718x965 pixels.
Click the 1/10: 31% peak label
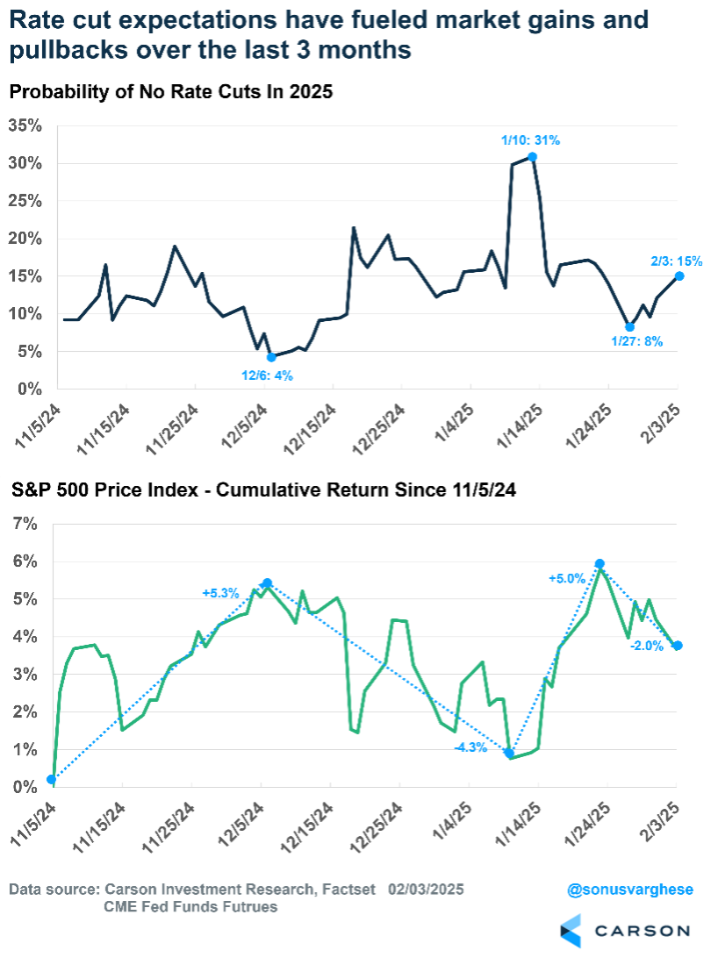coord(530,140)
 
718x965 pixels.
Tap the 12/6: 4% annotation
coord(268,375)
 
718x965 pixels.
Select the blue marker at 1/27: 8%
coord(629,326)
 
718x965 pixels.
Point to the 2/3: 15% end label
coord(677,261)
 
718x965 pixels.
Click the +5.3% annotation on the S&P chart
coord(220,593)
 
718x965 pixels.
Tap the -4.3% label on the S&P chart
coord(470,748)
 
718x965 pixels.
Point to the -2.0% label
coord(646,646)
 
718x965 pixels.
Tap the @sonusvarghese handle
coord(630,890)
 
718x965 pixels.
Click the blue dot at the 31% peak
coord(532,157)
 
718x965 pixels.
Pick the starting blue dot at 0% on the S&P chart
coord(52,779)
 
